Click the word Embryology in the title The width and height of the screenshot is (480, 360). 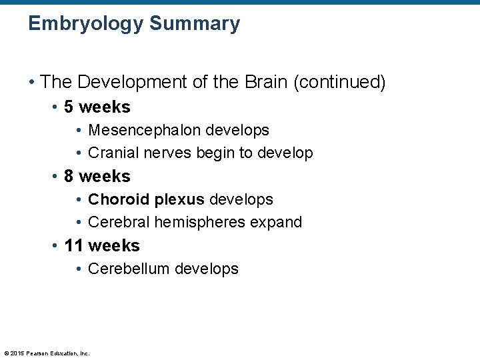pos(85,24)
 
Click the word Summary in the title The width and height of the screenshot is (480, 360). pos(195,24)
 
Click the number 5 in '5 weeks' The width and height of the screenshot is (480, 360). pos(69,107)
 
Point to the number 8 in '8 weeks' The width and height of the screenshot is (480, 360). pos(69,176)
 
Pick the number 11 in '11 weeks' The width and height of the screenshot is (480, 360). pos(73,245)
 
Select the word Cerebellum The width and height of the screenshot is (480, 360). pos(129,269)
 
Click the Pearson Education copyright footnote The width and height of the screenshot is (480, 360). pos(47,353)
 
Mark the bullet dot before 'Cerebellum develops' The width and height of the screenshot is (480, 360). pos(79,269)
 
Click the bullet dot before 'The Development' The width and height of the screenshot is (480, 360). pos(31,83)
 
